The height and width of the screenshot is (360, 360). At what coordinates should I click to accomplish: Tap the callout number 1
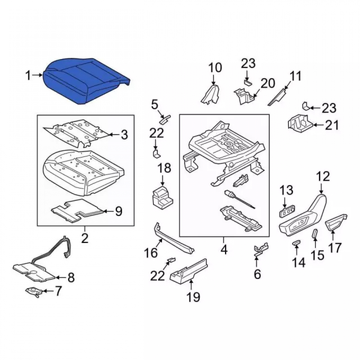click(x=28, y=75)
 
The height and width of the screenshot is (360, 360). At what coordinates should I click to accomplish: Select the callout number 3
click(x=124, y=135)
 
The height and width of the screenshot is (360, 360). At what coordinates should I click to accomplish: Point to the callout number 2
click(x=85, y=238)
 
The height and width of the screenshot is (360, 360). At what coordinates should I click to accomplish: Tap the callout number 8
click(x=71, y=277)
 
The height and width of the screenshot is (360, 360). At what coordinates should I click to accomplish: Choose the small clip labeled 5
click(x=165, y=119)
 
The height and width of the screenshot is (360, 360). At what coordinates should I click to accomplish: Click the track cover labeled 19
click(x=189, y=271)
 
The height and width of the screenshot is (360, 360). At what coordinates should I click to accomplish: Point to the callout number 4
click(x=224, y=249)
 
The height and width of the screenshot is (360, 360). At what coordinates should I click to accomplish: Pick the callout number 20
click(x=268, y=83)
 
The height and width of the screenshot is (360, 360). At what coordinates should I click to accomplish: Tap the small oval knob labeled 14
click(x=296, y=243)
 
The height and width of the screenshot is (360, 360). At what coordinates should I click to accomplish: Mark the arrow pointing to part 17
click(x=333, y=236)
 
